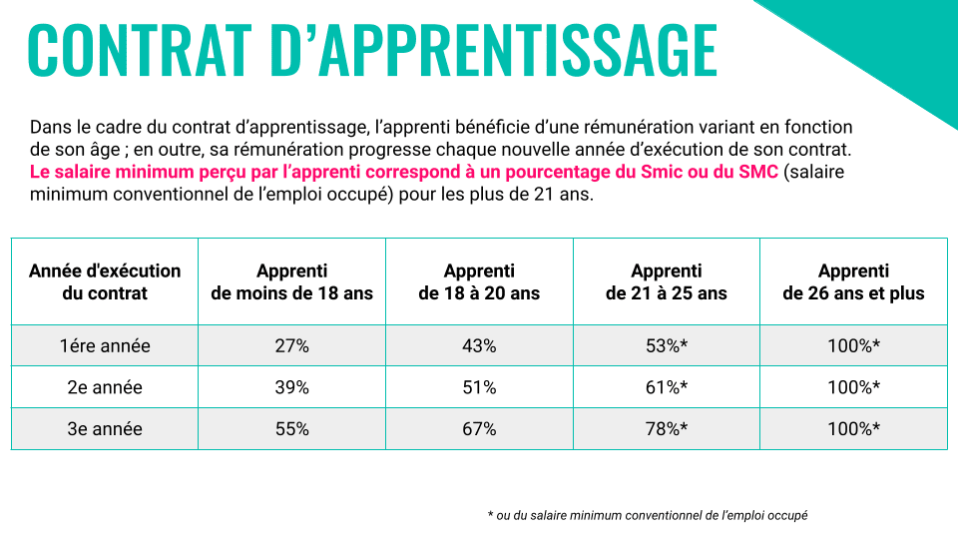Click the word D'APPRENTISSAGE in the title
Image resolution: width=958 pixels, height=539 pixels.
[494, 49]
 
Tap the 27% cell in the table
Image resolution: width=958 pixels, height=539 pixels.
[291, 346]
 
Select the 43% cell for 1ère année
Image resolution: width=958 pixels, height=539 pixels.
[479, 346]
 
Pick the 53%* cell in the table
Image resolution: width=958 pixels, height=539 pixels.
[667, 346]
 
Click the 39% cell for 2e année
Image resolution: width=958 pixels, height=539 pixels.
[291, 387]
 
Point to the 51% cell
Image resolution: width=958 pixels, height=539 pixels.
[479, 387]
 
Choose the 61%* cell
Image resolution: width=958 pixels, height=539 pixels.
[667, 387]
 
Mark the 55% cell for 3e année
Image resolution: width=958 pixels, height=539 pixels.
[291, 429]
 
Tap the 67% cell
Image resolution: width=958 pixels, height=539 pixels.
[479, 429]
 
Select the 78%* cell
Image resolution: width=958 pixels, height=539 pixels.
[667, 429]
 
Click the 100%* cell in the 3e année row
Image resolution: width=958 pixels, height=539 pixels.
[853, 429]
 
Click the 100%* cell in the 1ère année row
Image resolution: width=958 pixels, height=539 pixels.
[853, 346]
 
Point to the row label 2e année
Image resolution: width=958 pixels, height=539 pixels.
[105, 387]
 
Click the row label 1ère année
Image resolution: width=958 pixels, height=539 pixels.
[105, 346]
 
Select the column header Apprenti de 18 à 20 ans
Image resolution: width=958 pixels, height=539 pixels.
[479, 281]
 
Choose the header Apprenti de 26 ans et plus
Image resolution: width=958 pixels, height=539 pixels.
[853, 281]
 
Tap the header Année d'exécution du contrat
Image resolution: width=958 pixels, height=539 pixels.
[105, 281]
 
